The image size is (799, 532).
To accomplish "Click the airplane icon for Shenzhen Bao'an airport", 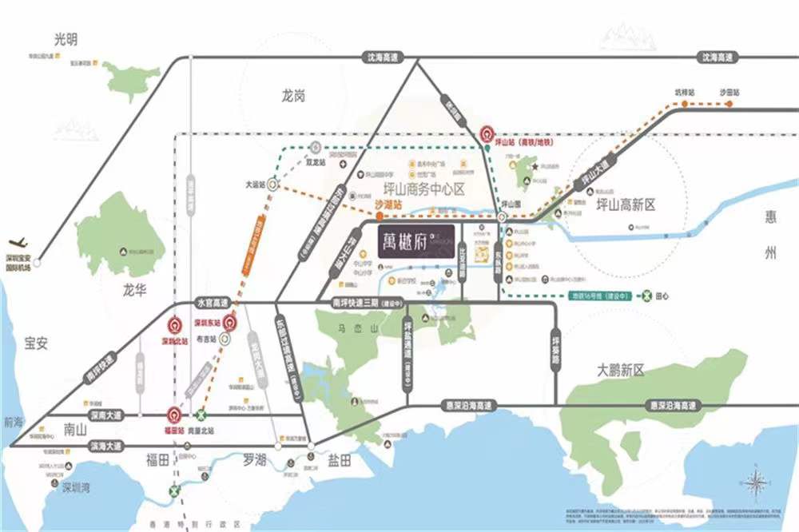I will (x=18, y=242).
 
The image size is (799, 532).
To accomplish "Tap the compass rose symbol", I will (x=754, y=483).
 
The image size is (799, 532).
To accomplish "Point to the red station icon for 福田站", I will (x=173, y=415).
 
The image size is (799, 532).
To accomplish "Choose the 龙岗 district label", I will (x=293, y=96).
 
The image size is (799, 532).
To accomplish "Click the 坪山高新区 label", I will (x=626, y=204).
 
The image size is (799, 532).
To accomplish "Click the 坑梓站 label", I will (x=686, y=93).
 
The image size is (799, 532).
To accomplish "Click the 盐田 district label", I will (x=339, y=460).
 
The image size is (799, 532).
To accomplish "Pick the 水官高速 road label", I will (x=213, y=303).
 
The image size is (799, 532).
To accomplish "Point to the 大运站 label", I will (x=254, y=184).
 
